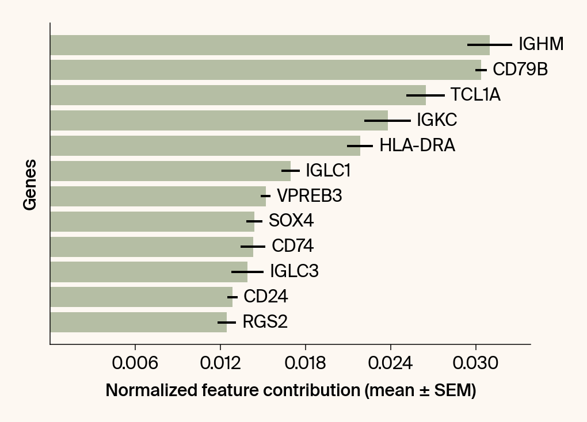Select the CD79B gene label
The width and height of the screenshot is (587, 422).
pyautogui.click(x=520, y=70)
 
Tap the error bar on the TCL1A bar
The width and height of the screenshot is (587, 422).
pyautogui.click(x=425, y=95)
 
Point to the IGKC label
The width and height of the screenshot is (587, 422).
pyautogui.click(x=437, y=120)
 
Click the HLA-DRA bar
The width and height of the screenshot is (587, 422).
pyautogui.click(x=205, y=145)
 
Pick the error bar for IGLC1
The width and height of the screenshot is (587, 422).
pyautogui.click(x=291, y=171)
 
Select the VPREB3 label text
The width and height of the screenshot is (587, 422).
pyautogui.click(x=309, y=196)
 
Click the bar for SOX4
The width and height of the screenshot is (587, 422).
pyautogui.click(x=152, y=221)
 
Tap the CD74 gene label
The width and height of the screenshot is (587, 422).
pyautogui.click(x=292, y=247)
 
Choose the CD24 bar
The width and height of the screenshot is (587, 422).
pyautogui.click(x=141, y=297)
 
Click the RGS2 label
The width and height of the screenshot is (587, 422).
pyautogui.click(x=265, y=322)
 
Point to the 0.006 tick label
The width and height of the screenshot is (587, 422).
pyautogui.click(x=135, y=364)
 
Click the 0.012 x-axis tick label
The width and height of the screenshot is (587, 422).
pyautogui.click(x=220, y=364)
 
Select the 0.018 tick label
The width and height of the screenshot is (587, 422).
pyautogui.click(x=305, y=364)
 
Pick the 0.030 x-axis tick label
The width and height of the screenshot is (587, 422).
pyautogui.click(x=475, y=364)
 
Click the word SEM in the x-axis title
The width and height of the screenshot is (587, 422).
pyautogui.click(x=453, y=390)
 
